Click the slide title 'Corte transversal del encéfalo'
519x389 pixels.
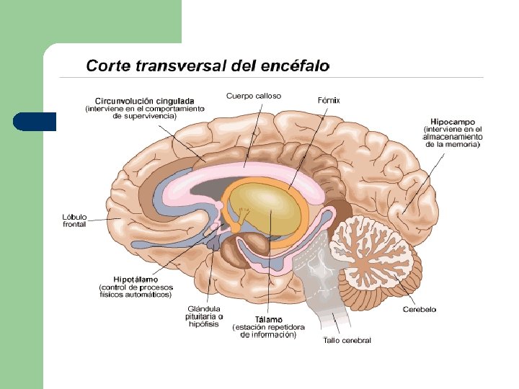point(208,66)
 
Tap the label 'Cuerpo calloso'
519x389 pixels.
point(254,96)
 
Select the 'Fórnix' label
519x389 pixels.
point(329,100)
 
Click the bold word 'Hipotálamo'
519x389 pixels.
point(136,279)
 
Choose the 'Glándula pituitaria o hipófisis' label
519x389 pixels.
point(205,316)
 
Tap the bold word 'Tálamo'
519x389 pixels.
point(268,319)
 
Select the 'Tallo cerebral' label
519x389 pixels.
point(347,340)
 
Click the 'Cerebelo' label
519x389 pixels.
point(419,309)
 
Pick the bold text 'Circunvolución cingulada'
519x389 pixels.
point(144,101)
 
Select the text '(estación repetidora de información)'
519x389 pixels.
point(268,331)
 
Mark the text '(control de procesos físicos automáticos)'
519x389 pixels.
point(136,290)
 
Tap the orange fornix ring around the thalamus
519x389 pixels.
point(307,209)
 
